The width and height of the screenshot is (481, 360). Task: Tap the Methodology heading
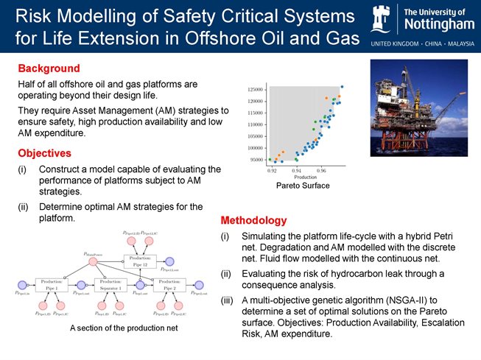tap(254, 220)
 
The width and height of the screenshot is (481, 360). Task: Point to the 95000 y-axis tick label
tap(257, 160)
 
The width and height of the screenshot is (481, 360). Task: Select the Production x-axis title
tap(305, 177)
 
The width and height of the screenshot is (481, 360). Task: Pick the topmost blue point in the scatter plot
tap(342, 87)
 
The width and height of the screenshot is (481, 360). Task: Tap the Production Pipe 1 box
tap(52, 285)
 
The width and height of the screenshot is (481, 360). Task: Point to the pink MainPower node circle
tap(93, 261)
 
